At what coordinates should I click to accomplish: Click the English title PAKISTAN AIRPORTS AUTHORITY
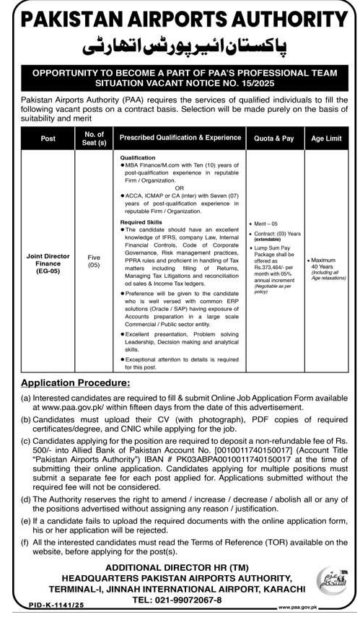[180, 17]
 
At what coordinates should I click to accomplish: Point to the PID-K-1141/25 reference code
[35, 608]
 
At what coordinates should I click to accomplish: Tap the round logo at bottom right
[331, 582]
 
